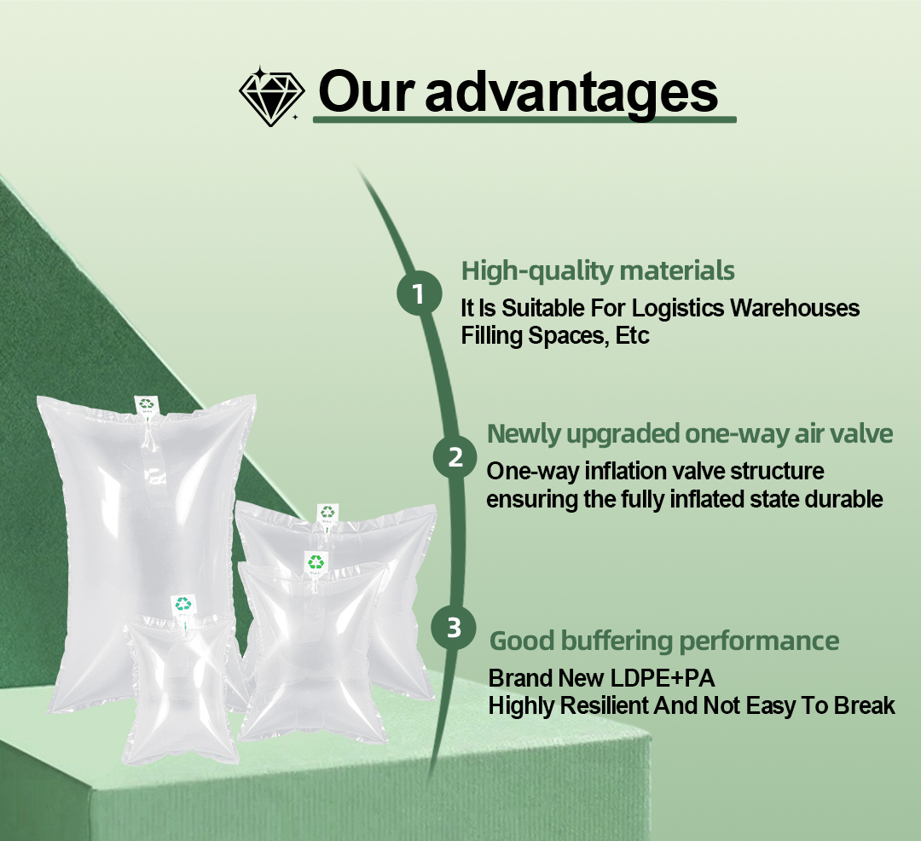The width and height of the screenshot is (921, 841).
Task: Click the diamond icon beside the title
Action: pyautogui.click(x=271, y=96)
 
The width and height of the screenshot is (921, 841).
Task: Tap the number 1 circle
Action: pyautogui.click(x=418, y=294)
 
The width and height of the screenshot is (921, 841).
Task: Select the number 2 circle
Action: pyautogui.click(x=455, y=457)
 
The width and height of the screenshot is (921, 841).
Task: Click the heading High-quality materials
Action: pyautogui.click(x=597, y=271)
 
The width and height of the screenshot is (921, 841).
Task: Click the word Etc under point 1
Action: pyautogui.click(x=631, y=336)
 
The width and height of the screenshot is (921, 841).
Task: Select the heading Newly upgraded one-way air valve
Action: pyautogui.click(x=689, y=434)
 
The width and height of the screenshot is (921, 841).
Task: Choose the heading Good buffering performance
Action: pyautogui.click(x=664, y=641)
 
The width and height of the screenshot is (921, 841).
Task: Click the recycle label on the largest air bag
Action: pyautogui.click(x=148, y=405)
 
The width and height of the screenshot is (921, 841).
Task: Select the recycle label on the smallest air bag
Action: pyautogui.click(x=183, y=604)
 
